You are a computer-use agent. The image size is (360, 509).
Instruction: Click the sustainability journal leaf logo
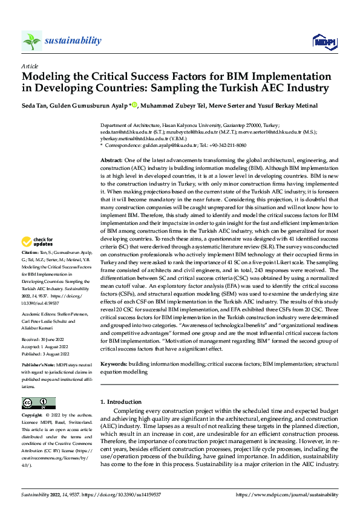[x=31, y=41]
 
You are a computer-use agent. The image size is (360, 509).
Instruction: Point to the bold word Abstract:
[x=112, y=160]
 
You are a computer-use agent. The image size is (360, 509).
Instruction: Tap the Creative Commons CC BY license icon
[x=38, y=403]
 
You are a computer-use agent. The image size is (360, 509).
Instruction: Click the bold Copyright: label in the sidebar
[x=33, y=416]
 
